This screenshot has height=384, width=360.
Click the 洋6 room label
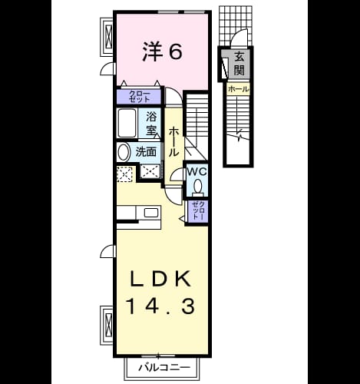pos(162,51)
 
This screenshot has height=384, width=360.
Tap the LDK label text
pos(161,279)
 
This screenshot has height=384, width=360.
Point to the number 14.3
pos(161,306)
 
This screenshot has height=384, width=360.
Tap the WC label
pos(197,172)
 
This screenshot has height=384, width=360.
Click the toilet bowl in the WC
pos(197,186)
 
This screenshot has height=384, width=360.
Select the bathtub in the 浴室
pos(127,123)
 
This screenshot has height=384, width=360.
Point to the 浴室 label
pos(151,124)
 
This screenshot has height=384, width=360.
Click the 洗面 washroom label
pos(146,152)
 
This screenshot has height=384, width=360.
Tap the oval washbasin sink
pos(124,152)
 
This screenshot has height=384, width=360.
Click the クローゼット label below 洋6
pos(140,97)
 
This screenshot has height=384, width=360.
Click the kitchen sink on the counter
pos(151,213)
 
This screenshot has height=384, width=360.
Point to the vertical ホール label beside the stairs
pos(173,142)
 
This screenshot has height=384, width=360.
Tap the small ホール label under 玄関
pos(238,89)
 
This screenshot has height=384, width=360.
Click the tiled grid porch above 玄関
pos(236,25)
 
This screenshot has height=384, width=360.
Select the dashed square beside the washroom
pos(124,174)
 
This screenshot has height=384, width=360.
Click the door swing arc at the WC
pos(176,174)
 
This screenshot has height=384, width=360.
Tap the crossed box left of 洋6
pos(109,36)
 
